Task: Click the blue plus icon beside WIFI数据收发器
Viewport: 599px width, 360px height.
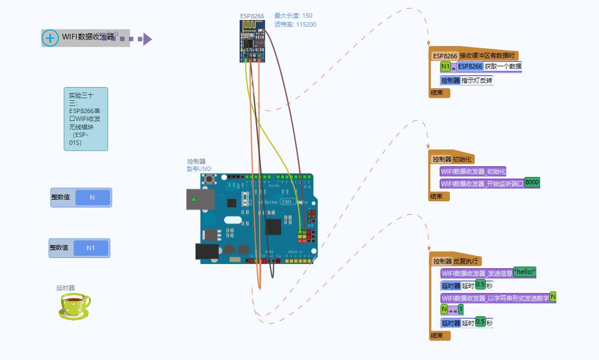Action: pos(50,38)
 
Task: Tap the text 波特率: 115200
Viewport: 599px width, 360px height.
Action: pos(295,24)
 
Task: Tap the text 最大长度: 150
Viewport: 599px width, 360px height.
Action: pos(293,16)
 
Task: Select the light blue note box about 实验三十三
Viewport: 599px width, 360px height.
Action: pos(85,119)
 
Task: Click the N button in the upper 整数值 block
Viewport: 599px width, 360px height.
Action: pos(93,197)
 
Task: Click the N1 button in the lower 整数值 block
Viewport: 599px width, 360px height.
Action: pos(90,248)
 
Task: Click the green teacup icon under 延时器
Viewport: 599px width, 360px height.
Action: pos(74,306)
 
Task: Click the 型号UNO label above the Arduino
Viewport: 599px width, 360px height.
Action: pos(199,169)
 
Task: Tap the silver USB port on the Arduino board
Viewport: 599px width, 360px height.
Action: pos(200,199)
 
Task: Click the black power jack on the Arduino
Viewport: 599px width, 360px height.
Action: pos(206,251)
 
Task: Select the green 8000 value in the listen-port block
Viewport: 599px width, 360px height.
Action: pos(532,182)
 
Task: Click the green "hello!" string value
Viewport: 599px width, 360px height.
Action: pos(525,272)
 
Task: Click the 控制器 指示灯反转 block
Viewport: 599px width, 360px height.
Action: pos(466,80)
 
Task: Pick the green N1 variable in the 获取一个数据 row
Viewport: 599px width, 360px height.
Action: pos(446,67)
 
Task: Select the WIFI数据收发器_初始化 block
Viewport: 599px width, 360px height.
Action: pos(473,171)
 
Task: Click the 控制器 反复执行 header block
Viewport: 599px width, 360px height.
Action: pos(456,261)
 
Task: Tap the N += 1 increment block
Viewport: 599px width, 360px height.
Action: pos(452,310)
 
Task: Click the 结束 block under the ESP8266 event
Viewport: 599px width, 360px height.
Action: pos(438,93)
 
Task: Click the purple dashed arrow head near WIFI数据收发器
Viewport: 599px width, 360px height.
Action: pos(146,39)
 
